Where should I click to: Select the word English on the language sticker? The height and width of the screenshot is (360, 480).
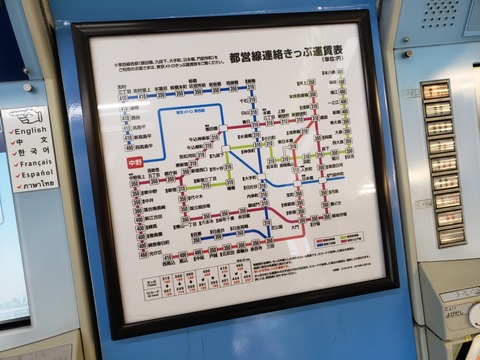tap(30, 130)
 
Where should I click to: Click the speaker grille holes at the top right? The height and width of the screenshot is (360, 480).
tap(437, 14)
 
